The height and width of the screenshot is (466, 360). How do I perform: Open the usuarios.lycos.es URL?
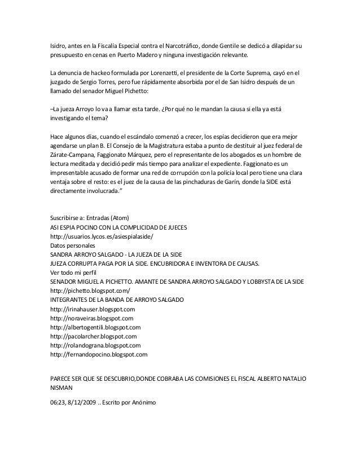(101, 236)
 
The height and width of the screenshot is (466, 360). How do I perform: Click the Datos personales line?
(73, 245)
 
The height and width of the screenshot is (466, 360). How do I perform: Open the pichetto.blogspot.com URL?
(90, 291)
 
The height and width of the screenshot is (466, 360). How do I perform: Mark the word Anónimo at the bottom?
(145, 402)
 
